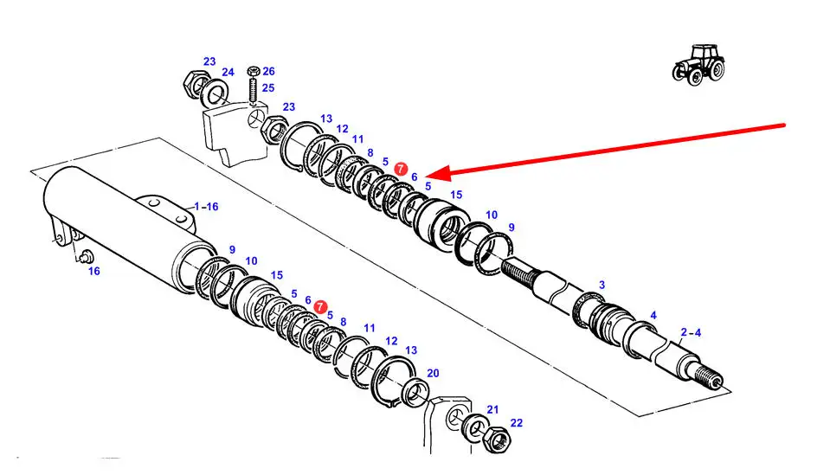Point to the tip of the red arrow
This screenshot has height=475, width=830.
[428, 176]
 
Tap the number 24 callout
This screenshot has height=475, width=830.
[228, 72]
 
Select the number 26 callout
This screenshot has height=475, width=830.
[268, 71]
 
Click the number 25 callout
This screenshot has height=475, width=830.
[268, 88]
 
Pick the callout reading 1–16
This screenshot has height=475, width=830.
[206, 206]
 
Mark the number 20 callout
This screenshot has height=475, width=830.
[433, 373]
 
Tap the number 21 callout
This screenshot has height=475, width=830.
[492, 409]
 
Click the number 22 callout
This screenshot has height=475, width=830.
[517, 423]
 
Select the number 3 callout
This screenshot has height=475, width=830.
[602, 285]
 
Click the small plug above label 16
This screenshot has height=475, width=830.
[86, 256]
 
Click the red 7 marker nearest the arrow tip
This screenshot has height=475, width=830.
[400, 169]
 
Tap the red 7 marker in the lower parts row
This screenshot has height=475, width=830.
[320, 307]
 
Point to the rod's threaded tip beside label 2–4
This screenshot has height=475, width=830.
[712, 378]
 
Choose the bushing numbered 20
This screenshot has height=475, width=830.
[416, 391]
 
